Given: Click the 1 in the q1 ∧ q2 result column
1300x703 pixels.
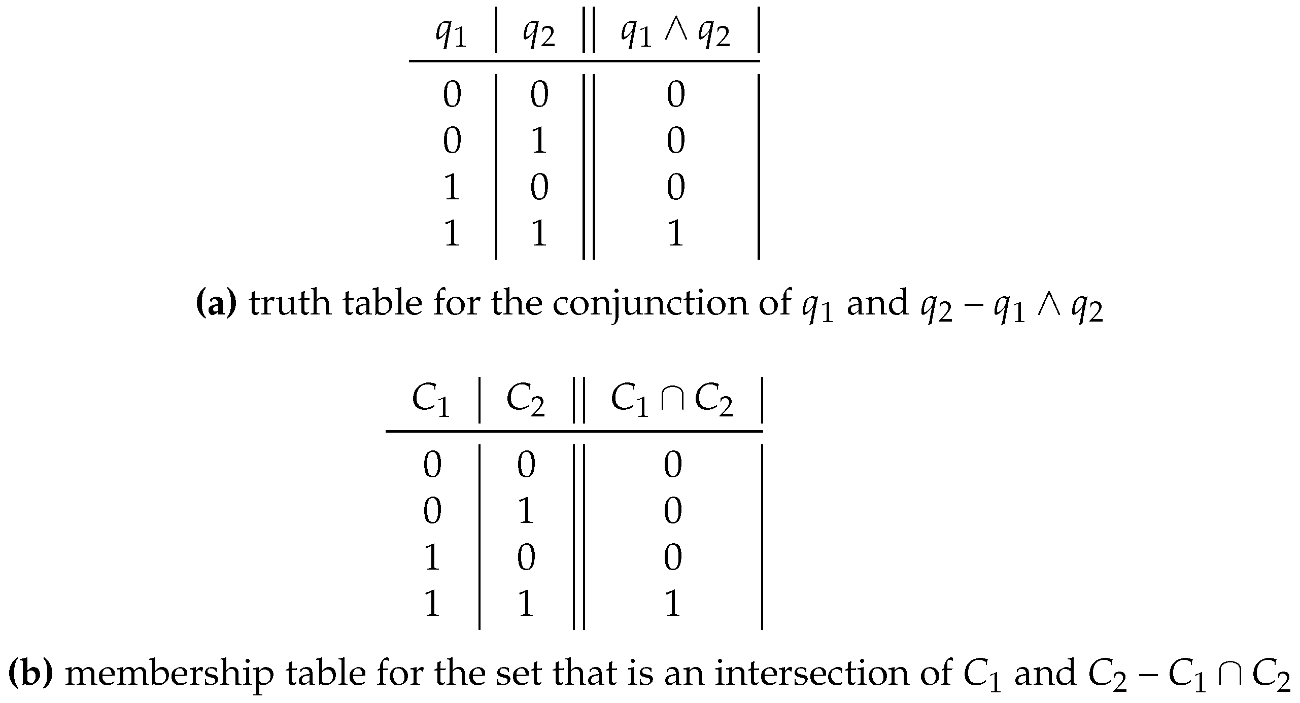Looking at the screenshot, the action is (675, 234).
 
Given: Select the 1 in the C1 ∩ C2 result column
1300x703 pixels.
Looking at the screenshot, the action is (672, 604).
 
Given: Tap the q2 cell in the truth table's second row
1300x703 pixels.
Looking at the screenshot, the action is (539, 141).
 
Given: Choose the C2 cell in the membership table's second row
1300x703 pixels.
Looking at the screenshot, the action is (526, 511).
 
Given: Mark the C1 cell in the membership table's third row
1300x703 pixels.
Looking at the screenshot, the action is (431, 557).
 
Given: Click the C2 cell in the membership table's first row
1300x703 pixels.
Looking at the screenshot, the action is (526, 465).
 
